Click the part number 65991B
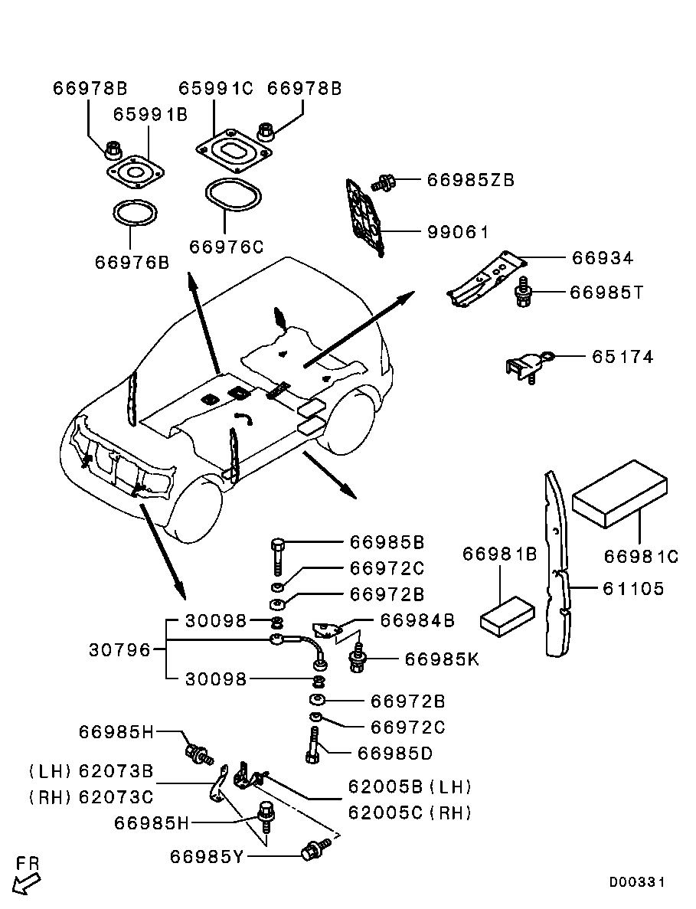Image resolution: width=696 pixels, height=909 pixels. [150, 115]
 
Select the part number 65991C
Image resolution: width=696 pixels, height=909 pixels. [215, 89]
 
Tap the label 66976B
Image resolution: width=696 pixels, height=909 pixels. [132, 263]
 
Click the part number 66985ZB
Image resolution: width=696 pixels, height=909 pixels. [470, 181]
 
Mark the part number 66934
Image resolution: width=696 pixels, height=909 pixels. [603, 259]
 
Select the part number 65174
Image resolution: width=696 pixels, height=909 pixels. [622, 357]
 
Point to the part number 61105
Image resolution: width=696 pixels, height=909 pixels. [632, 590]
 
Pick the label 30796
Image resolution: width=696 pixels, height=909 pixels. [120, 649]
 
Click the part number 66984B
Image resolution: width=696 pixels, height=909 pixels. [417, 620]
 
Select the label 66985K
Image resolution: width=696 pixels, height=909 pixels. [441, 659]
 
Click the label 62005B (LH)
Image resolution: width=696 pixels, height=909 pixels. [410, 787]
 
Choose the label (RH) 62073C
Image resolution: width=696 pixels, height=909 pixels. [92, 797]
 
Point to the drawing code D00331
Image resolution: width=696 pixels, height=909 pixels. [637, 883]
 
